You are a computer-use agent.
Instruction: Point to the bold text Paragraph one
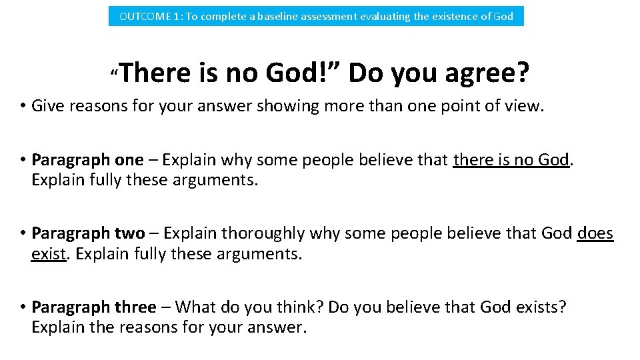(x=87, y=160)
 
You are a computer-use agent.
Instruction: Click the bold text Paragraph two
(x=88, y=233)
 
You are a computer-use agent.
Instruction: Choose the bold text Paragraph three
(x=93, y=307)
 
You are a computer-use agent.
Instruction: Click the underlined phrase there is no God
(x=511, y=160)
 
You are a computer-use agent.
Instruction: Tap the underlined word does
(x=595, y=233)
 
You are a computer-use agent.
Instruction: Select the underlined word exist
(x=49, y=254)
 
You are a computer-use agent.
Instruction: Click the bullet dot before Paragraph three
(x=22, y=307)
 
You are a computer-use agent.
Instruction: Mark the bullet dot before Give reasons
(x=22, y=106)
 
